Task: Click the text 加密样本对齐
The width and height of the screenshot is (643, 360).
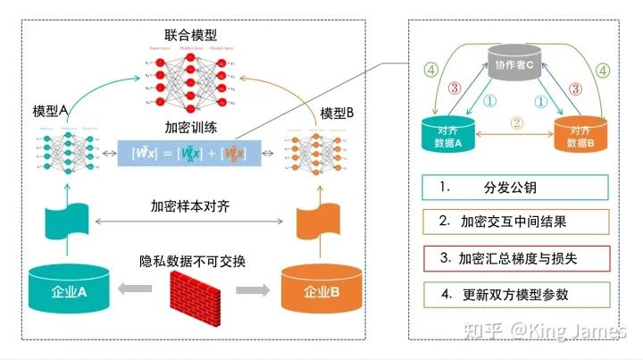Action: click(x=194, y=204)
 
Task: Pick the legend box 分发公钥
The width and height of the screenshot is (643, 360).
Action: click(x=515, y=187)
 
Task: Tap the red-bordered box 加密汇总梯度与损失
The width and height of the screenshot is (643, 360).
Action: click(x=515, y=259)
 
